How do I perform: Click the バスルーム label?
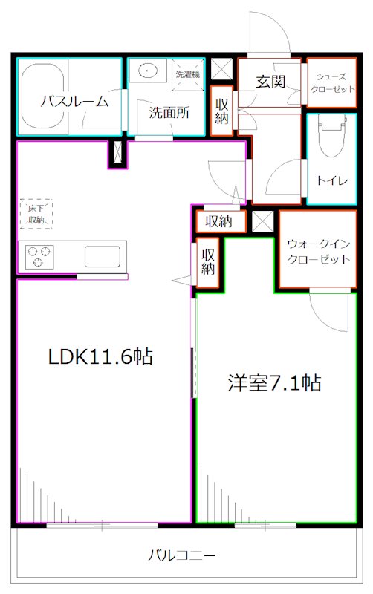[x=74, y=101]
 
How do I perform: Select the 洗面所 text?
[x=167, y=114]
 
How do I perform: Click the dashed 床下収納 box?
[x=36, y=212]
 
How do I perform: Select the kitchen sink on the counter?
[x=102, y=257]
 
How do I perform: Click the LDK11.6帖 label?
[x=100, y=357]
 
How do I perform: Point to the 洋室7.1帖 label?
[x=274, y=383]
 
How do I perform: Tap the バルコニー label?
[x=182, y=555]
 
